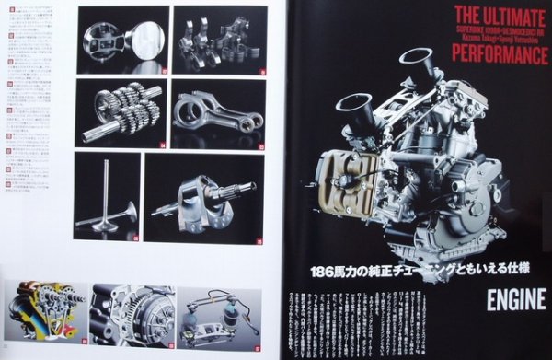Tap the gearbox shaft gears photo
pos(121,112)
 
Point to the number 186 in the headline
pos(322,273)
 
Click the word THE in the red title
pos(467,15)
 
